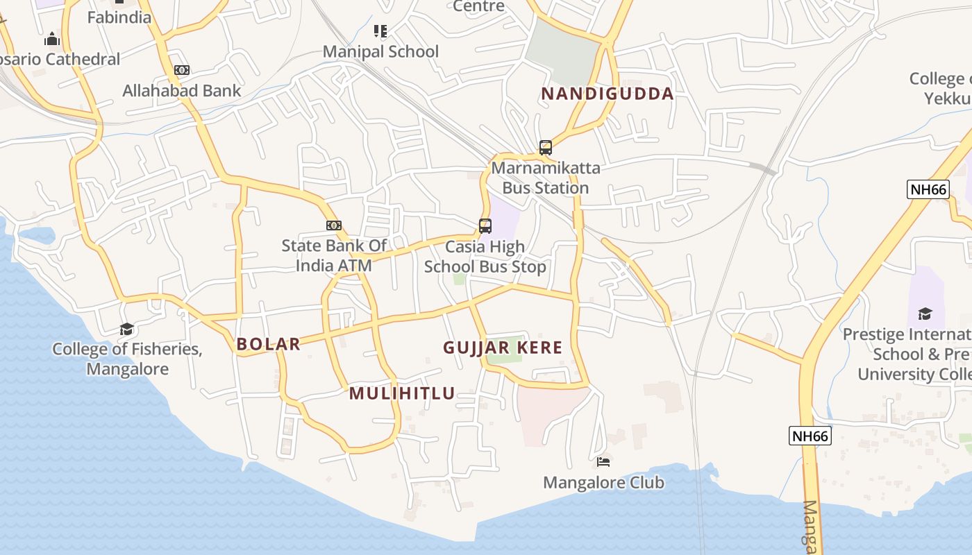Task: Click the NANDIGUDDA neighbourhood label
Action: (x=607, y=94)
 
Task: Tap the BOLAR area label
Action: (x=268, y=343)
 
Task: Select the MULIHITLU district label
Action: (x=402, y=393)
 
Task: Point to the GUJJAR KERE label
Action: (x=503, y=348)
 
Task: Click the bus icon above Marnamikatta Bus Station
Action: (x=546, y=147)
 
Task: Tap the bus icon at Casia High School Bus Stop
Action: (x=485, y=225)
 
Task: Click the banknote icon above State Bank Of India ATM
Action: (x=334, y=225)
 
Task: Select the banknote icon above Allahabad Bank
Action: (x=182, y=70)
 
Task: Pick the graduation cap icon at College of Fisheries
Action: (x=126, y=329)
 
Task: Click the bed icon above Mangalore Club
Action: (x=603, y=461)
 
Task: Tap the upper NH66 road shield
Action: (x=928, y=189)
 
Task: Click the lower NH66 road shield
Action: (x=810, y=436)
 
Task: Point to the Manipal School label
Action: (x=381, y=51)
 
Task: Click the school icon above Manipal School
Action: (x=380, y=31)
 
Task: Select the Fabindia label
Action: (x=119, y=17)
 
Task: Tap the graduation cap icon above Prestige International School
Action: (x=925, y=314)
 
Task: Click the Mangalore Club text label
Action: (x=603, y=482)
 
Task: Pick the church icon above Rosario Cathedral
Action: (x=52, y=39)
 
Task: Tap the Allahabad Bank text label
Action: (x=182, y=90)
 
